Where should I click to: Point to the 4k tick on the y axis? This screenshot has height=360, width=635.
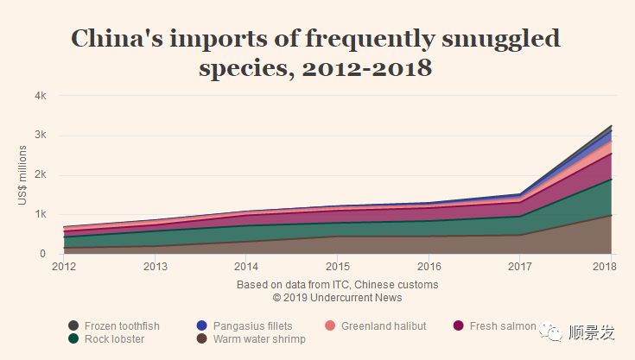tap(40, 95)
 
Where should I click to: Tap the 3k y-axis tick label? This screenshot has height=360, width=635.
tap(40, 135)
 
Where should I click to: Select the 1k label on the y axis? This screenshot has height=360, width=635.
tap(40, 214)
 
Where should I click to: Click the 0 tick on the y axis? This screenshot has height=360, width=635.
tap(42, 254)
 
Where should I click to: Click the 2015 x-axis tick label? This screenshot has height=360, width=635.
tap(337, 266)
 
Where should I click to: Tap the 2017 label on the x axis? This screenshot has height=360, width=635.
tap(519, 266)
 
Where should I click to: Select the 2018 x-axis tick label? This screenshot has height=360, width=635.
tap(610, 266)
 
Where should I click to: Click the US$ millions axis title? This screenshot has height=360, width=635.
tap(22, 174)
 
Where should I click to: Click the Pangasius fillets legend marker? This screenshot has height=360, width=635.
tap(202, 326)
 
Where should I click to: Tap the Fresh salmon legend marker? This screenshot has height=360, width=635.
tap(458, 326)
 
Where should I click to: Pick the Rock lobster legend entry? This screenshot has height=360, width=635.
tap(113, 339)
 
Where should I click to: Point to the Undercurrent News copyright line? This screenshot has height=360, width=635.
tap(337, 298)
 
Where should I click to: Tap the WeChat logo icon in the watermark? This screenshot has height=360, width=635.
tap(550, 331)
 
